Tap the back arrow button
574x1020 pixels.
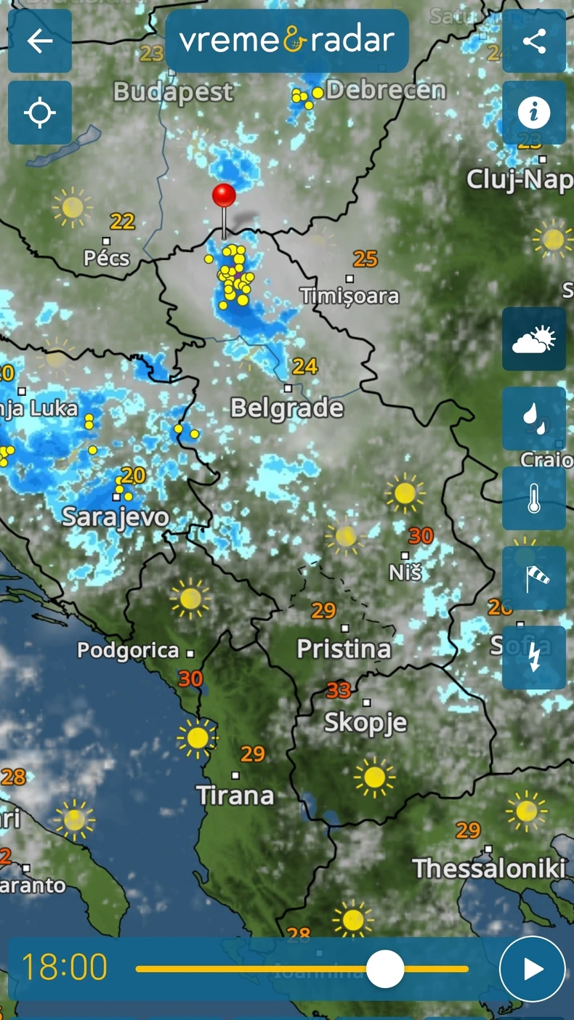tap(40, 41)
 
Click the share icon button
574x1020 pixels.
tap(534, 41)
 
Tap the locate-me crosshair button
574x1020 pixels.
tap(40, 113)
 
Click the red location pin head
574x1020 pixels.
tap(224, 195)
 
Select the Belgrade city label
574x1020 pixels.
tap(287, 408)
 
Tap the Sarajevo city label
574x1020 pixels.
tap(116, 517)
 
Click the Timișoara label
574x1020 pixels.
tap(349, 296)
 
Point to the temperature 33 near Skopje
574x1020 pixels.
tap(339, 689)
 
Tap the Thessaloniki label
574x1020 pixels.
tap(489, 868)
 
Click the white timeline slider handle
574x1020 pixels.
tap(384, 968)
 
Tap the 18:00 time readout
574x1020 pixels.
tap(64, 968)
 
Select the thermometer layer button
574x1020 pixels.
tap(534, 498)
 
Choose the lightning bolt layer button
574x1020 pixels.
tap(534, 657)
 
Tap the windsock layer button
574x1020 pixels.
tap(534, 578)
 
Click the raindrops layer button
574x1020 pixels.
tap(534, 418)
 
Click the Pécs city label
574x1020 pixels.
tap(107, 258)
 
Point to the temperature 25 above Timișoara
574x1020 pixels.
tap(365, 258)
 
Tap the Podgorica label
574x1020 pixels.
tap(128, 650)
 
